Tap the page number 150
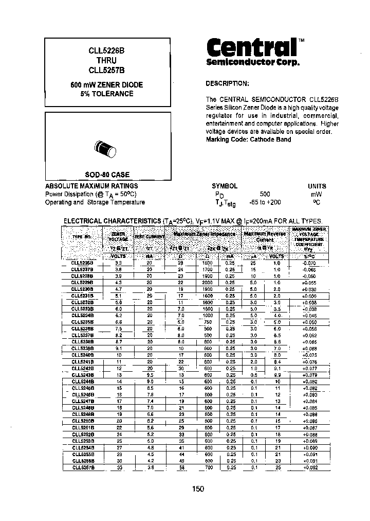pos(199,489)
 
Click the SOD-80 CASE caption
pos(107,175)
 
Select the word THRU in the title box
pos(107,60)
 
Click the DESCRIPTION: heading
pos(227,83)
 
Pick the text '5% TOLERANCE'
pos(107,94)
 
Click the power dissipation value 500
pos(265,194)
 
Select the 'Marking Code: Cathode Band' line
pos(248,140)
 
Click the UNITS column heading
pos(317,186)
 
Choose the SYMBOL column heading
pos(225,186)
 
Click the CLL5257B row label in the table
pos(83,467)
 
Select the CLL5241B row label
pos(83,362)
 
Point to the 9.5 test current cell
pos(149,375)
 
